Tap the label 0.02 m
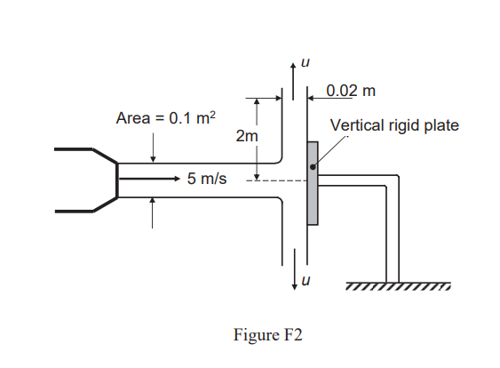[x=351, y=91]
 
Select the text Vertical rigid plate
[x=394, y=125]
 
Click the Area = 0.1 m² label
[x=169, y=117]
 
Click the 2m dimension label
[x=246, y=136]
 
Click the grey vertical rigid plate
[x=312, y=183]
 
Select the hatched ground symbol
[x=397, y=286]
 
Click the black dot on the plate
[x=312, y=166]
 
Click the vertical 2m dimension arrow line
[x=256, y=138]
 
